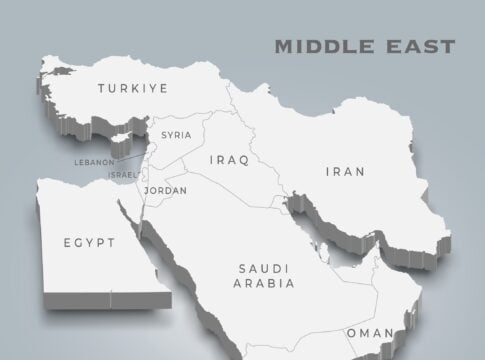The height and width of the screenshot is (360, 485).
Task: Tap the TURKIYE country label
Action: (132, 89)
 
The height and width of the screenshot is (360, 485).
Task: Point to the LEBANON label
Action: (93, 160)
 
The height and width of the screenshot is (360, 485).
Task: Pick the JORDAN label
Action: (164, 190)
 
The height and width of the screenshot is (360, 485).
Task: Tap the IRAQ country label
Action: (229, 159)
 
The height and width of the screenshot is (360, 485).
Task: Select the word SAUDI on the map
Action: (264, 268)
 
